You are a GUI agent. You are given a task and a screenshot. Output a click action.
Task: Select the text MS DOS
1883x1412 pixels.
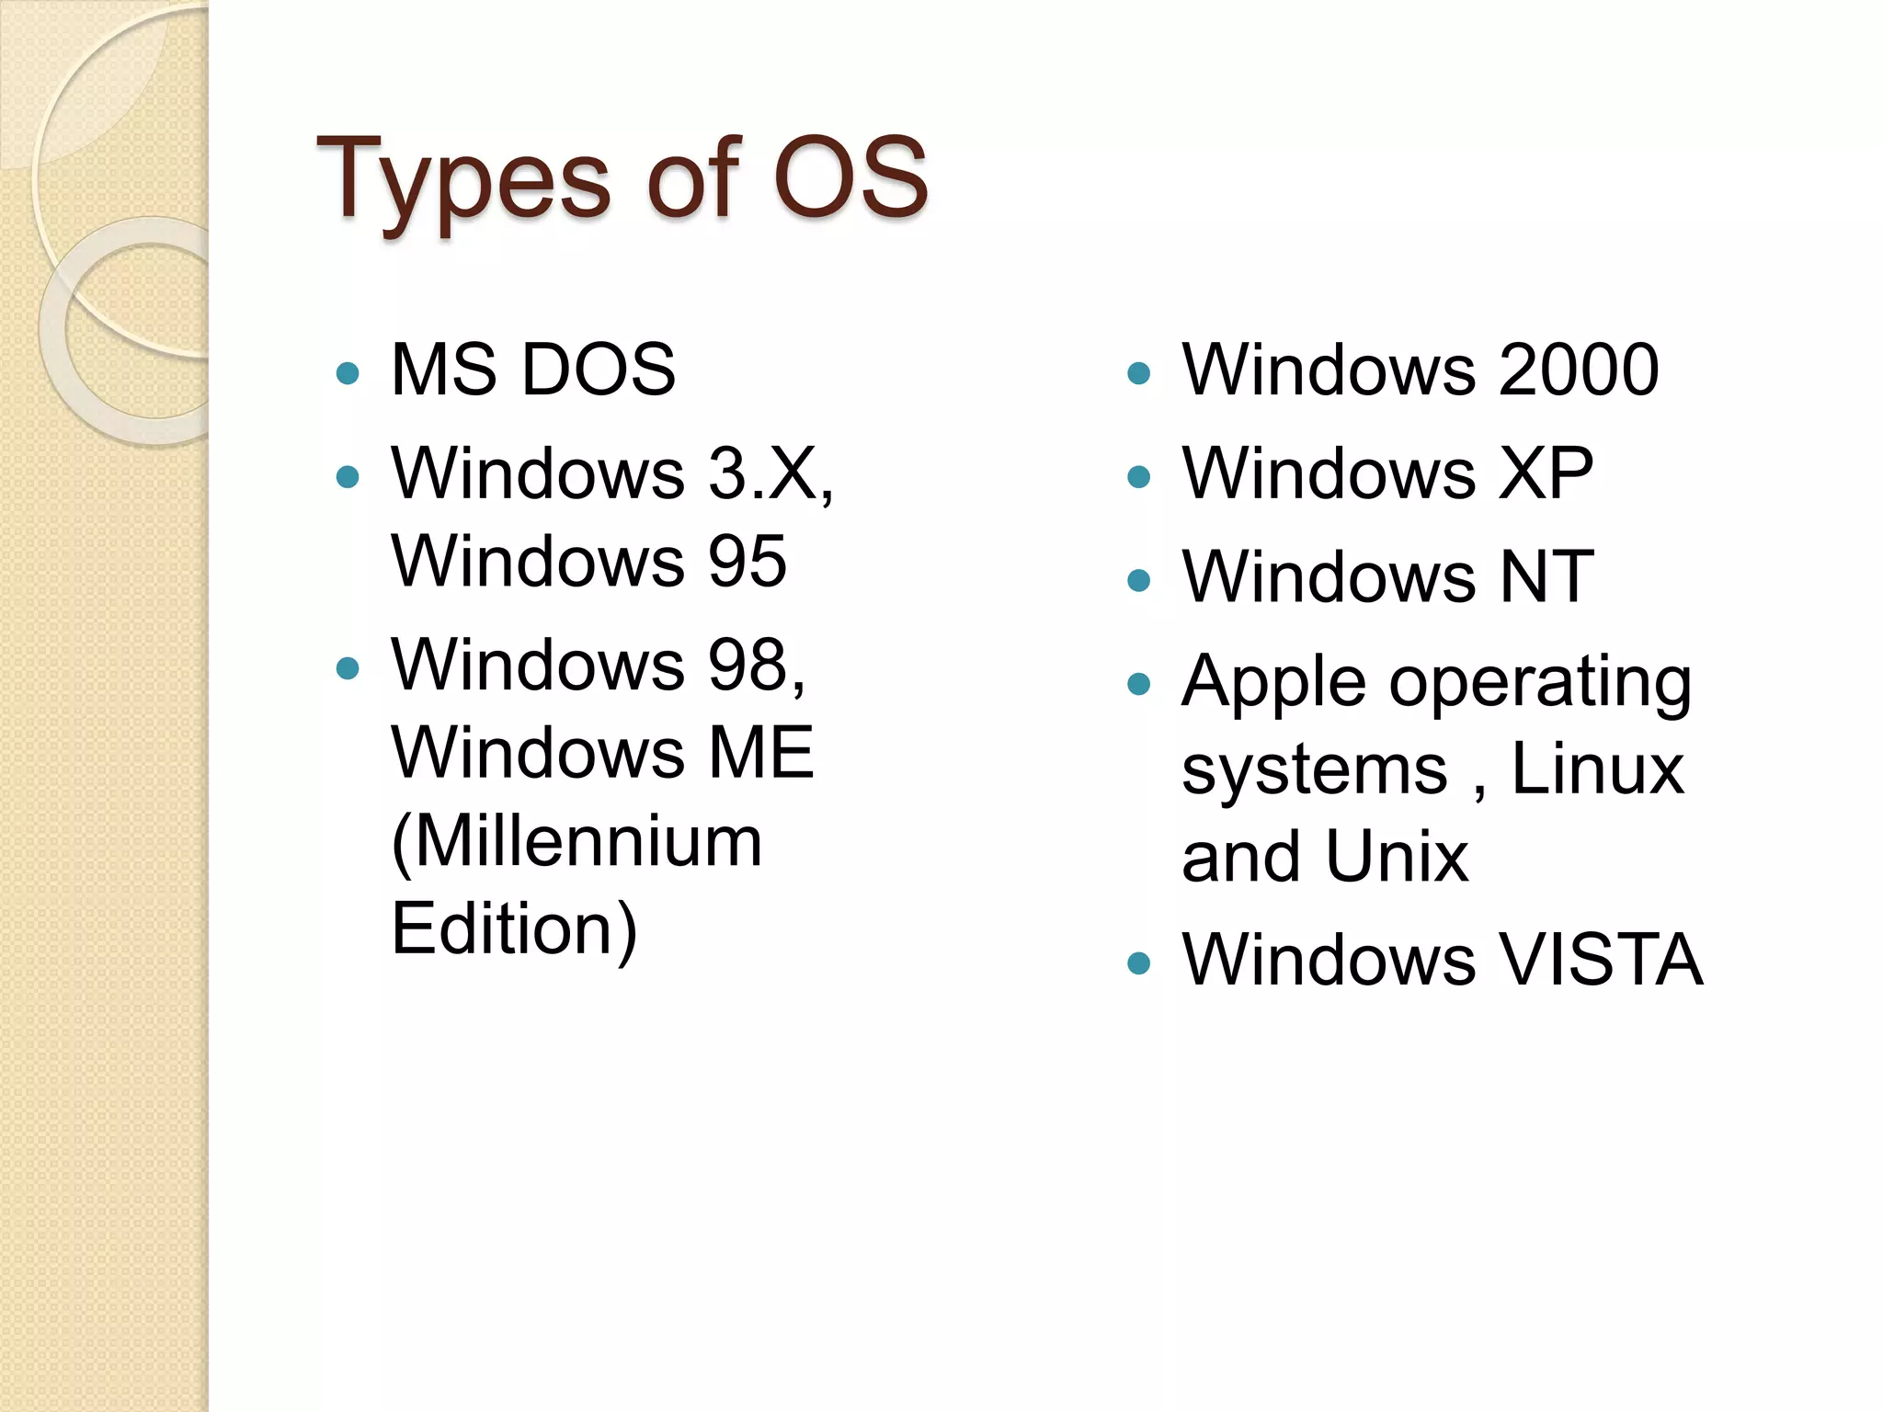pos(533,370)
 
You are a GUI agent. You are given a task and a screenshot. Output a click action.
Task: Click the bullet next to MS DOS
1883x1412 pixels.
pos(348,372)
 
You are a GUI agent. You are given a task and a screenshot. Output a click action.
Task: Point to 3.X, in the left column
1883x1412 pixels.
pos(770,473)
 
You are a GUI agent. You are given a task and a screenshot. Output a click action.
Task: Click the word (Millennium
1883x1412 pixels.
pos(576,841)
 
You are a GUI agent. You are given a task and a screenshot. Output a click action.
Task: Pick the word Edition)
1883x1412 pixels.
pos(514,929)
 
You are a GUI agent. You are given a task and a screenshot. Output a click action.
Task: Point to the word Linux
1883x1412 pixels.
pos(1597,769)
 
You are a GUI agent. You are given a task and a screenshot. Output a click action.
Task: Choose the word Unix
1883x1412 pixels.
pos(1397,857)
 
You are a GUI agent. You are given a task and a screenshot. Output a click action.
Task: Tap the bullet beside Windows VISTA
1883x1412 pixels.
pos(1138,962)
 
